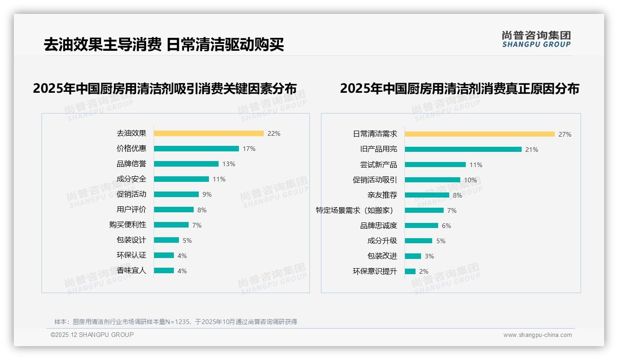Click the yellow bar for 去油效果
[x=208, y=133]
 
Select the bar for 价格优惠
[x=196, y=149]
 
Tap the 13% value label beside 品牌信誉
[x=229, y=164]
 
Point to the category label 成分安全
[x=131, y=179]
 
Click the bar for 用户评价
[x=174, y=210]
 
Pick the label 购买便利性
[x=127, y=225]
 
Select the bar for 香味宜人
[x=164, y=270]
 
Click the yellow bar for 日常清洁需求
[x=480, y=134]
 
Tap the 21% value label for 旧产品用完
[x=532, y=150]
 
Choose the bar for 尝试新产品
[x=435, y=165]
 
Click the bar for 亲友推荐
[x=427, y=195]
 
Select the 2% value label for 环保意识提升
[x=424, y=271]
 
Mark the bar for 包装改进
[x=413, y=256]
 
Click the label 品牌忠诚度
[x=378, y=226]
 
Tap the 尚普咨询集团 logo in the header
[x=536, y=39]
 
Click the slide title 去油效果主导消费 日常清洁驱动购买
[x=164, y=45]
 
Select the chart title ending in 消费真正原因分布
[x=459, y=89]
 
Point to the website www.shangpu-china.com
[x=537, y=335]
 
